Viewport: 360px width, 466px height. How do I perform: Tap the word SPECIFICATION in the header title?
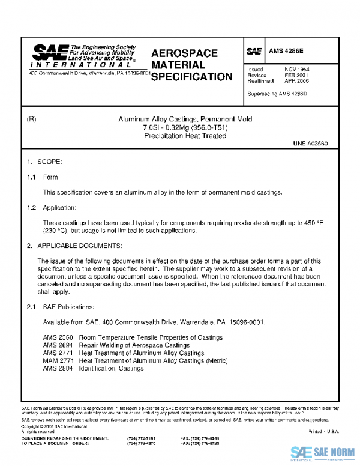191,77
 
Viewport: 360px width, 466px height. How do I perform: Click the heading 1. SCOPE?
45,162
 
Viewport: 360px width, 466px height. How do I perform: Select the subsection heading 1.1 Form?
44,177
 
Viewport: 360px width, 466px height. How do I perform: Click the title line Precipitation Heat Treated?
181,136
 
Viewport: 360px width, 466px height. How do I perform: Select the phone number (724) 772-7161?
142,439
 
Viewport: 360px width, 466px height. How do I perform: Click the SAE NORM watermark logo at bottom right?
323,453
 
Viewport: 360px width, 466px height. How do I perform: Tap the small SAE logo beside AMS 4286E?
253,52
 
